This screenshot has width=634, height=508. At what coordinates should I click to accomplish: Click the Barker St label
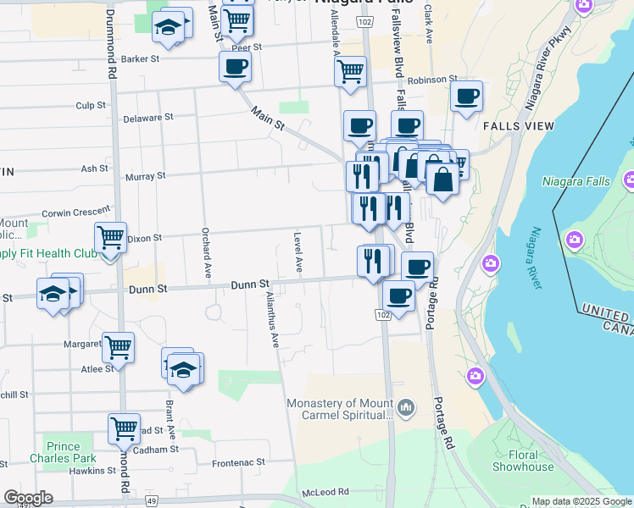(140, 59)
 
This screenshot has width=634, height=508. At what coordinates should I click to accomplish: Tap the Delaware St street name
(147, 118)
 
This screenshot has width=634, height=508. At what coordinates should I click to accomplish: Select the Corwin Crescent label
(76, 213)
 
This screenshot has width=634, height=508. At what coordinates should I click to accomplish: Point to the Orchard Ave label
(207, 252)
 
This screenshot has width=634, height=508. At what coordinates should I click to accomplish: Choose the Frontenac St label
(238, 463)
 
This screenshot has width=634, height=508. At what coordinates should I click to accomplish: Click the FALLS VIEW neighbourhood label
(518, 125)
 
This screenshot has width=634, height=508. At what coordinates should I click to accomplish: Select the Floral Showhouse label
(523, 461)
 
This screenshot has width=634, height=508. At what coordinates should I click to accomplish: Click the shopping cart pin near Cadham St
(124, 428)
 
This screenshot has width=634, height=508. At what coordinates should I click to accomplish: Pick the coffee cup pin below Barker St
(235, 66)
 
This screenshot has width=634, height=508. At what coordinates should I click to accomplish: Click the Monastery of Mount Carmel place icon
(407, 409)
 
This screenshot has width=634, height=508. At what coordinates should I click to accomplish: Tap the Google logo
(28, 498)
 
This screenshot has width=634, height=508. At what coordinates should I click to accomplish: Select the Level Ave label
(298, 251)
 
